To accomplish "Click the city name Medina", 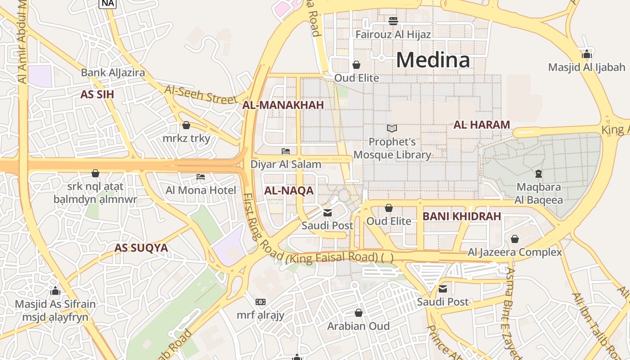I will [433, 59].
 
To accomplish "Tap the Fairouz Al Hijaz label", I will [393, 34].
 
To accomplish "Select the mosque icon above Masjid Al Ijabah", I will [586, 54].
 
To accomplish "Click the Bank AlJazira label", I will [113, 72].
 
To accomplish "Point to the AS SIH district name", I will [97, 94].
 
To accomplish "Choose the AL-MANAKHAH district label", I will [283, 105].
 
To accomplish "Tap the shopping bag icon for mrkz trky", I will [186, 125].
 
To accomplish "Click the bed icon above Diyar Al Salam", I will [286, 151].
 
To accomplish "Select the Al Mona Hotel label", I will [201, 190].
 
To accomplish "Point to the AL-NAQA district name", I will [288, 190].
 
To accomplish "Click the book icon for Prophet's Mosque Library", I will [392, 128].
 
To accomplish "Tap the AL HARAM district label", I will [481, 125].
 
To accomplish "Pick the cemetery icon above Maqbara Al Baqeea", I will [538, 173].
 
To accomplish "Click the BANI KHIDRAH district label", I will [462, 216].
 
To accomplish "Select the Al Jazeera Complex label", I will [515, 252].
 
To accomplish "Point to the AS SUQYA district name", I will [141, 248].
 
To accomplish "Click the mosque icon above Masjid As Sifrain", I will [55, 291].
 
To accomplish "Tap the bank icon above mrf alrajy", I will [261, 301].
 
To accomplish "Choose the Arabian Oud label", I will [358, 326].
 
